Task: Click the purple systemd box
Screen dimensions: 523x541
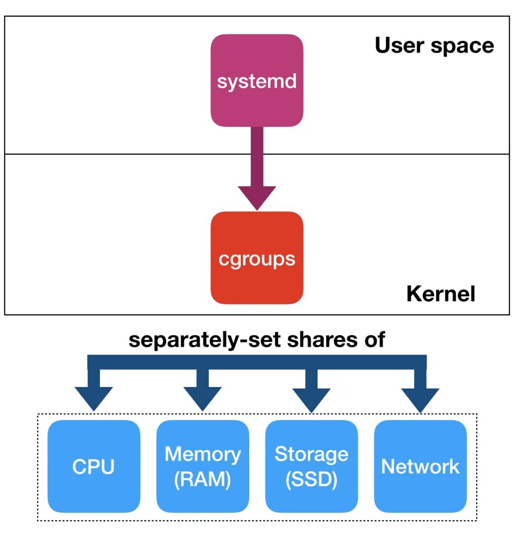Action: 257,80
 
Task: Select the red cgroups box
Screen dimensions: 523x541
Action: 257,258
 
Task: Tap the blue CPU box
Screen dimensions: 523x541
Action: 94,466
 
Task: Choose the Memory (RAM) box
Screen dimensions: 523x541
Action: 203,466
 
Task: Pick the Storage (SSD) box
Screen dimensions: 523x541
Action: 312,466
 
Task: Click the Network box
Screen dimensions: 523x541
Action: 421,466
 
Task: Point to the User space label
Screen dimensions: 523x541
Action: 434,46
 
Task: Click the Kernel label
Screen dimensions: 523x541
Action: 441,294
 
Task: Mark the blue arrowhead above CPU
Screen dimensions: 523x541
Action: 94,399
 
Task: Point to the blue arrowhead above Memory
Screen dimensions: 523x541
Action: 203,399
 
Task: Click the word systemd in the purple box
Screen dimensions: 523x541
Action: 257,82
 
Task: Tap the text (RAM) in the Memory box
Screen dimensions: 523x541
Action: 203,480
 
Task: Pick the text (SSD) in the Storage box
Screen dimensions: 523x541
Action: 312,480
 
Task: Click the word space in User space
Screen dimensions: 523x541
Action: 462,47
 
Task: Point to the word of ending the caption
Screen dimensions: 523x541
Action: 375,339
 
